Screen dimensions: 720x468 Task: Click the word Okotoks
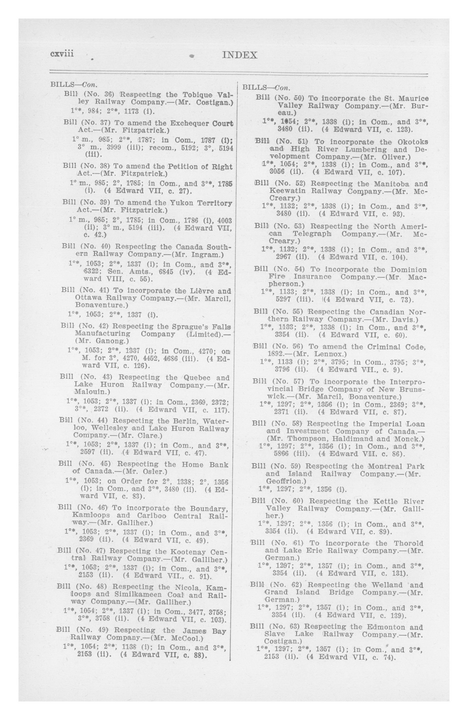pos(413,142)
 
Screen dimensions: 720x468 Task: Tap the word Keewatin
pos(287,191)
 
